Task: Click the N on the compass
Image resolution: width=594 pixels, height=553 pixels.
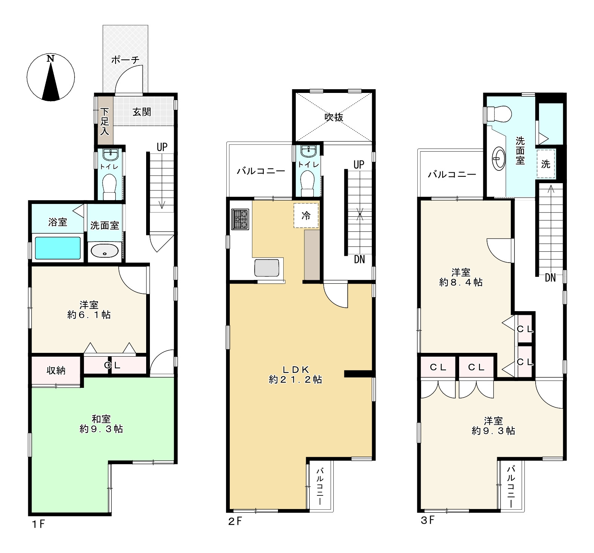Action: [x=50, y=59]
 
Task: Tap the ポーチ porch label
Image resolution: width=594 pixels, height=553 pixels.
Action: [x=125, y=59]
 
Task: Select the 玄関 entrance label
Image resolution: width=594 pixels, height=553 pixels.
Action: [x=142, y=112]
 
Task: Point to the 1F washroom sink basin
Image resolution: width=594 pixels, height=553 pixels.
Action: [x=105, y=251]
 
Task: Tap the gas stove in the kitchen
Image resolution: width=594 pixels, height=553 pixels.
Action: [x=241, y=219]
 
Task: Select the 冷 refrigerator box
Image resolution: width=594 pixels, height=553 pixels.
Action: [x=306, y=216]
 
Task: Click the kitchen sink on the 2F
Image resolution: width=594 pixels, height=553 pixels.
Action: [x=267, y=268]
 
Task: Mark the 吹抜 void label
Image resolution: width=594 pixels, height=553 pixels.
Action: [x=334, y=117]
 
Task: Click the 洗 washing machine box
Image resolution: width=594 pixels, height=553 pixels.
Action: [x=545, y=164]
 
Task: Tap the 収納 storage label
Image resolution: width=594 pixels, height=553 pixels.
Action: [x=56, y=371]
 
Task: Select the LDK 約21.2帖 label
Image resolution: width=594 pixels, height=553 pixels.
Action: [x=295, y=374]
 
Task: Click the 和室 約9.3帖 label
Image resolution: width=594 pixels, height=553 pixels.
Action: [x=101, y=424]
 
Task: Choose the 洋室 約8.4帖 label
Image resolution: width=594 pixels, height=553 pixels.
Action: [x=461, y=277]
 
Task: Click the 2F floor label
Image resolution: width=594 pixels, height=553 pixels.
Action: [x=236, y=522]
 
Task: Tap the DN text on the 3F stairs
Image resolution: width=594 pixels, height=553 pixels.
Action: [x=550, y=278]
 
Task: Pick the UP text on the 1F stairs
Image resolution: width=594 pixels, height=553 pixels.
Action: [x=162, y=147]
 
